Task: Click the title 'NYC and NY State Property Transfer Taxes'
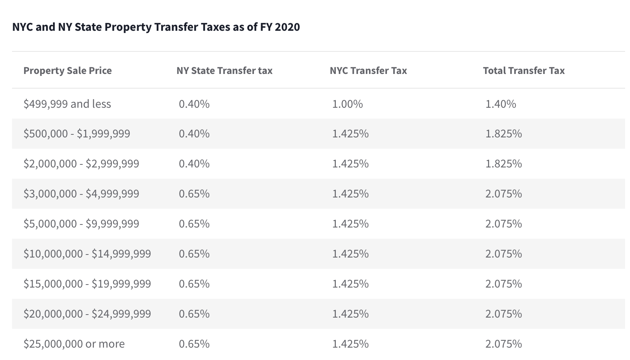click(156, 27)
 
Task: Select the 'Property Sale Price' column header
click(68, 71)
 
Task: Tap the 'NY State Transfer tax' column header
click(224, 71)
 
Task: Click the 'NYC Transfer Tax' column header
click(368, 71)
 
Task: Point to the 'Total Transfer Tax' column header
click(524, 71)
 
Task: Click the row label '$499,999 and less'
click(67, 104)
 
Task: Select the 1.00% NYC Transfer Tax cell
click(347, 104)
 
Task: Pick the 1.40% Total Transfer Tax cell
click(501, 104)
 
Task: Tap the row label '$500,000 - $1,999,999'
click(77, 134)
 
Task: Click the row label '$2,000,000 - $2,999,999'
click(81, 164)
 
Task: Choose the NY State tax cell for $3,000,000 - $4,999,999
click(194, 194)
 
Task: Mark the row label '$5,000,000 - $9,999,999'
click(81, 224)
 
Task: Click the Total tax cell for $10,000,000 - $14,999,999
click(503, 254)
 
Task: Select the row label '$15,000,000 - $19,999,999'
click(87, 284)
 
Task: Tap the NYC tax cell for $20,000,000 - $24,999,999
click(350, 314)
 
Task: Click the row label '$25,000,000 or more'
click(74, 344)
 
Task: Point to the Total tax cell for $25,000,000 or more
click(503, 344)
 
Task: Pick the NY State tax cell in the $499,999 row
click(194, 104)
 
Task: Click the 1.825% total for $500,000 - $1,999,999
click(503, 134)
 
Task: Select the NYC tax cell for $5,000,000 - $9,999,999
click(350, 224)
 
